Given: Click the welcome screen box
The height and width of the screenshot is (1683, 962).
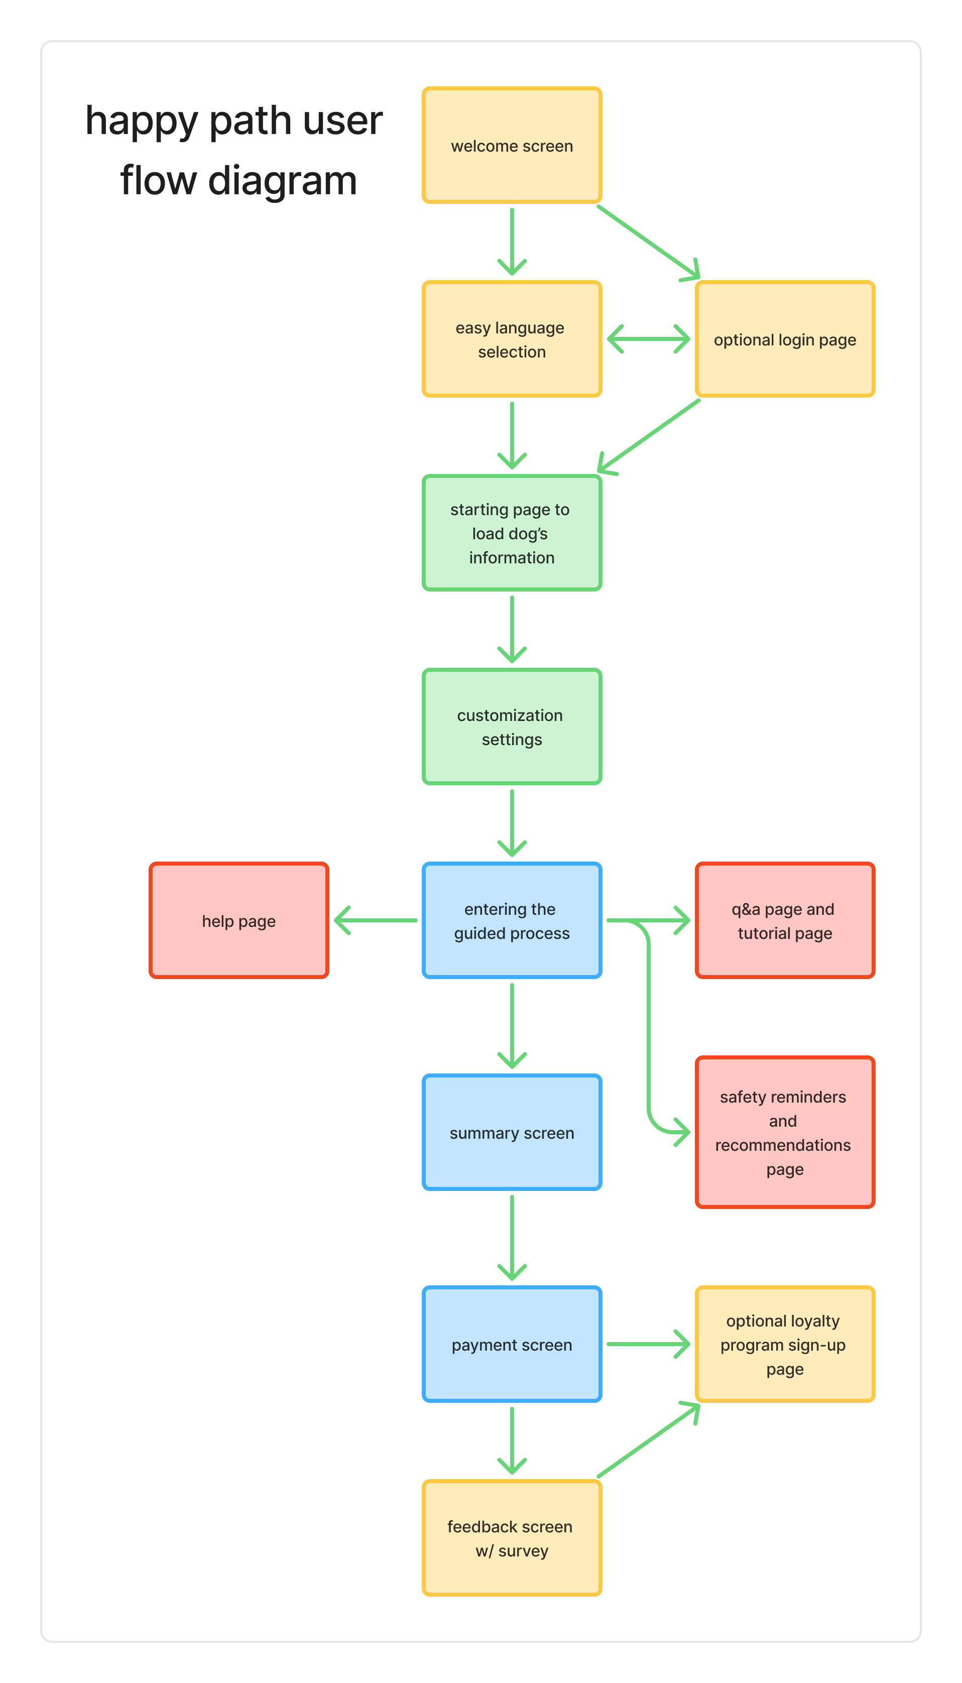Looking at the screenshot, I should coord(512,145).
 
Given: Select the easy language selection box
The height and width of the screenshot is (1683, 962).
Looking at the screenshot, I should coord(512,339).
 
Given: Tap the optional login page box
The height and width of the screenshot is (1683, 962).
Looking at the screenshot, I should coord(785,339).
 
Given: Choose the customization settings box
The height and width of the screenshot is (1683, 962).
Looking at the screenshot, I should coord(512,727).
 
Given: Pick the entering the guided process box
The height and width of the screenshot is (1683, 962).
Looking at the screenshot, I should coord(512,920).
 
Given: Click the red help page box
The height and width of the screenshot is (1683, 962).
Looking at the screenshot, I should coord(238,920).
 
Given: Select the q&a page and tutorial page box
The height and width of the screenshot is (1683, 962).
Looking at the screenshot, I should coord(785,920).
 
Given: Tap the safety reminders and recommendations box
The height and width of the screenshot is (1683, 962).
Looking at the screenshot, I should coord(785,1132).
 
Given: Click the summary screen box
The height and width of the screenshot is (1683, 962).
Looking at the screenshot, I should coord(512,1132).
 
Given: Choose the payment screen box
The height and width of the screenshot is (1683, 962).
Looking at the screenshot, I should coord(512,1344).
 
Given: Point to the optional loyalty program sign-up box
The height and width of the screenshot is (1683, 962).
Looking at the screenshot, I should coord(785,1344).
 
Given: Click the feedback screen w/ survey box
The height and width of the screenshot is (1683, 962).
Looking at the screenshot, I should coord(512,1538).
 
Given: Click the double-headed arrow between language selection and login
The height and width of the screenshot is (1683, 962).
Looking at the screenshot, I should coord(648,339).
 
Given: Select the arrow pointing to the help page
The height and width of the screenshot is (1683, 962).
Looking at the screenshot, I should coord(376,920).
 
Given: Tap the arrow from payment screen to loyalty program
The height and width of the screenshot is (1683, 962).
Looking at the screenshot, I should coord(648,1344).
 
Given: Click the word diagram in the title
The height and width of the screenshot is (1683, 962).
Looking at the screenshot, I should coord(282,180).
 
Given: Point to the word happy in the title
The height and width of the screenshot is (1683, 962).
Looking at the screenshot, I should coord(142,122).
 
